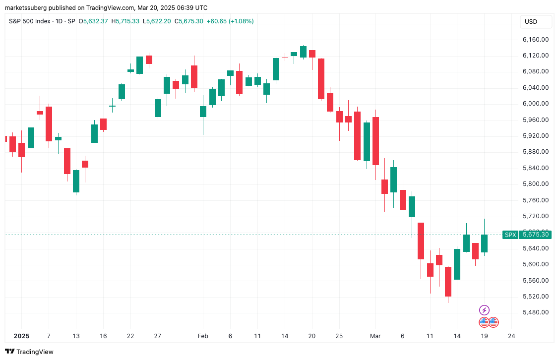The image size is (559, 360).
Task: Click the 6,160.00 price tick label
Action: (535, 39)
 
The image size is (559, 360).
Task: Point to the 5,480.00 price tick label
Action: (535, 312)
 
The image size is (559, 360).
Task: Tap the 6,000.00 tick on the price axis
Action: (535, 104)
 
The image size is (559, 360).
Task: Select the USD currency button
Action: (531, 22)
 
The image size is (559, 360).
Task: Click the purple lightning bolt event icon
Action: (484, 310)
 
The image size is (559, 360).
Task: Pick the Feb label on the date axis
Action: (203, 336)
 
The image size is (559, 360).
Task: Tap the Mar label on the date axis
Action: (375, 336)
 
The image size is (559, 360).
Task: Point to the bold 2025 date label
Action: (21, 336)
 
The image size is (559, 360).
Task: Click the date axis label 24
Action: (511, 336)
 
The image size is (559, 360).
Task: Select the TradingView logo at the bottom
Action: (29, 352)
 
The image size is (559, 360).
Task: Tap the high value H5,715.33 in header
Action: (125, 21)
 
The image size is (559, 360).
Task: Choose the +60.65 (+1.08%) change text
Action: (230, 21)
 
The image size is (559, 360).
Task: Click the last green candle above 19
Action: (484, 243)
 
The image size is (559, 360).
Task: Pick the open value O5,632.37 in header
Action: (95, 21)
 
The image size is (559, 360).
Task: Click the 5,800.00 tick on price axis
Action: (535, 184)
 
